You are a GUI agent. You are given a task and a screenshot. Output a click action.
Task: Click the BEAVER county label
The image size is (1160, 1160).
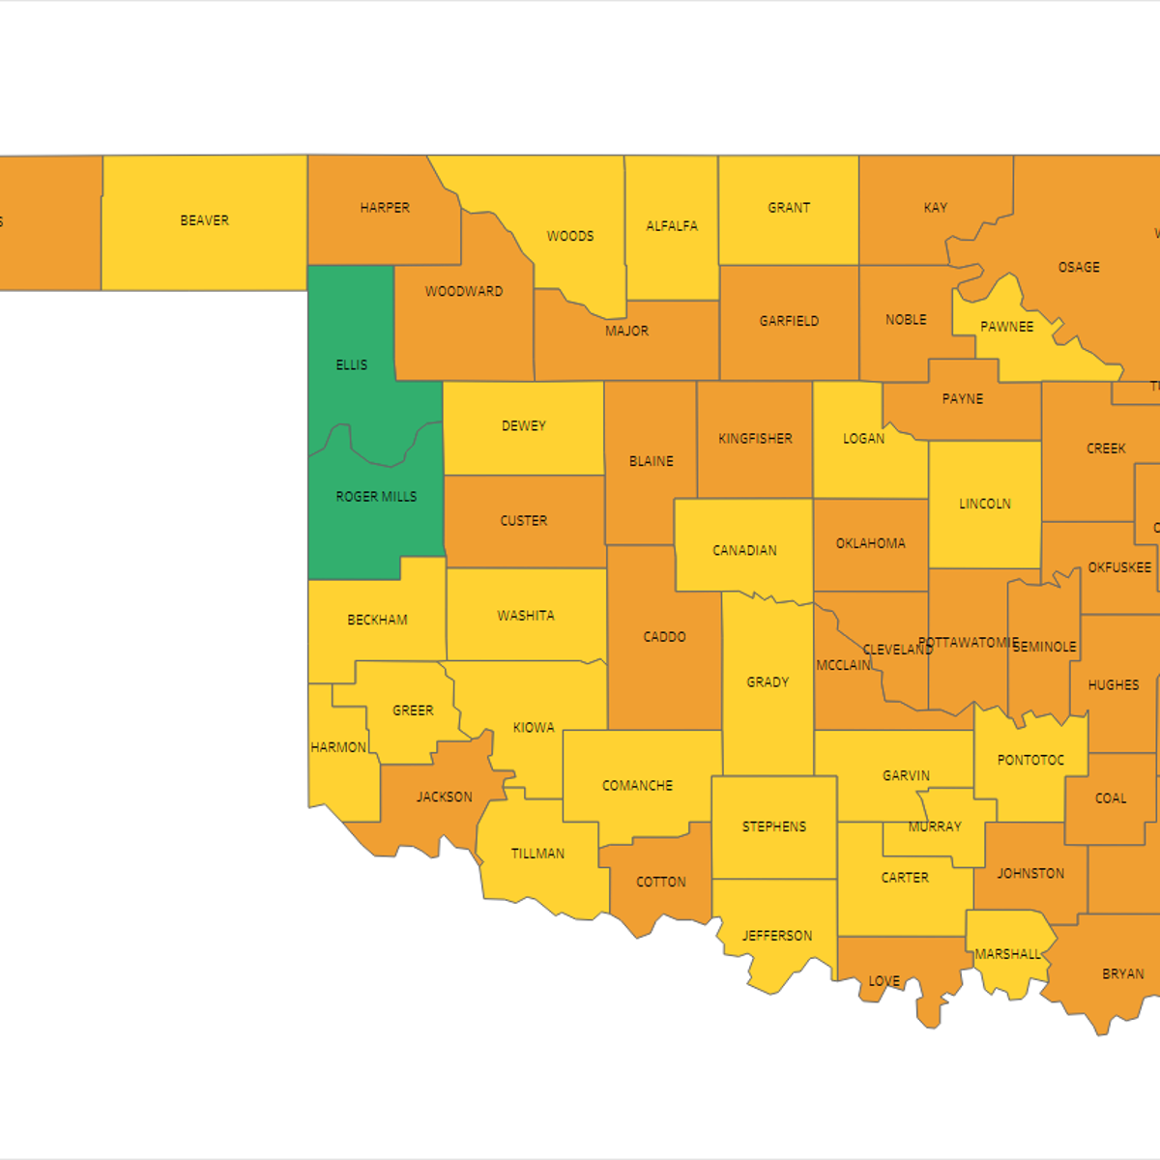click(205, 220)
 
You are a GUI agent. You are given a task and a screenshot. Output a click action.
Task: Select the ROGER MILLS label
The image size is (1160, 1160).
click(376, 497)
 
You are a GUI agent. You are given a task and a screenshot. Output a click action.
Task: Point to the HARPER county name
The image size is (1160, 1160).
click(385, 208)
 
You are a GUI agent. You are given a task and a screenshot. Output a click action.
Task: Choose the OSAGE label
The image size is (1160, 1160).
click(1079, 267)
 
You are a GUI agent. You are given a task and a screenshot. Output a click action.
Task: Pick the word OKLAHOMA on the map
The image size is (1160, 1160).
click(871, 543)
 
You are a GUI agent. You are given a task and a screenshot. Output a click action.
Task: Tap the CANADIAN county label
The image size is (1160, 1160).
click(744, 550)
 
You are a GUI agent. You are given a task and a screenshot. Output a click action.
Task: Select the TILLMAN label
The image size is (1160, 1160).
click(537, 854)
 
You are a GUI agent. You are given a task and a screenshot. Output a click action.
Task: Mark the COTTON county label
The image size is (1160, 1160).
click(661, 882)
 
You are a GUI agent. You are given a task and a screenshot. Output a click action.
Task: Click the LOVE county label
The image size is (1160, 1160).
click(884, 981)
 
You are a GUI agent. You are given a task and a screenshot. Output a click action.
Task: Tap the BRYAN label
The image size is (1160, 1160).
click(1123, 973)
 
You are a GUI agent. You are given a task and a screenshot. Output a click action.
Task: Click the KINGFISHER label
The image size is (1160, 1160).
click(755, 439)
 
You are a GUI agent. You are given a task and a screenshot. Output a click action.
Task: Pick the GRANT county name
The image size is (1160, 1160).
click(789, 208)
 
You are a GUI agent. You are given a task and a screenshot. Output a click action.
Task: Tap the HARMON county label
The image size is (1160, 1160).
click(338, 747)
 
